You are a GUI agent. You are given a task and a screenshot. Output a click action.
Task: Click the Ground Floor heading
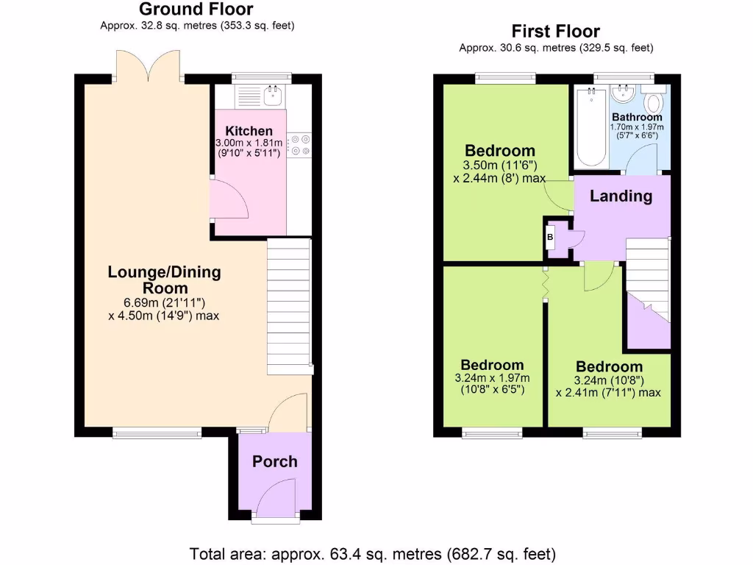coord(196,10)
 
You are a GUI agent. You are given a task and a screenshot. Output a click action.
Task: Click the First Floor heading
coord(556,32)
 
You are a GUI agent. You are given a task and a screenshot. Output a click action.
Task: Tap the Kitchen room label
coord(249,131)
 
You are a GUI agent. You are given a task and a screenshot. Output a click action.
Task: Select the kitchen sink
coord(274,93)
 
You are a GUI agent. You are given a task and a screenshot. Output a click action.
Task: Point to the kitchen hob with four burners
coord(299,145)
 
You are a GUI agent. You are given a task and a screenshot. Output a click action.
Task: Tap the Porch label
coord(275,462)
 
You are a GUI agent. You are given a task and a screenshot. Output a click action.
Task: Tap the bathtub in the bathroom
coord(590,126)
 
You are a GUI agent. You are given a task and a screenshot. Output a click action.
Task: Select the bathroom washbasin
coord(622,93)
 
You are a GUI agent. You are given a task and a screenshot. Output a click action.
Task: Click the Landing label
coord(621,196)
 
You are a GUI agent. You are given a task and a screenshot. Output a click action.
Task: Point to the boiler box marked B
coord(550,238)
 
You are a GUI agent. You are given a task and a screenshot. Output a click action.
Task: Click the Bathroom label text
coord(637,117)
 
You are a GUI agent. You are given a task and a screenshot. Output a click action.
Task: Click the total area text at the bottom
coord(373,553)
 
